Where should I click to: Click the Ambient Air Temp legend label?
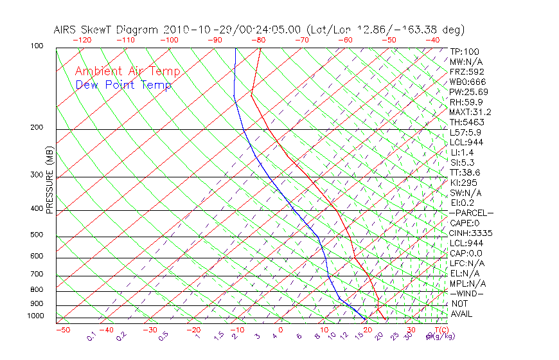(x=127, y=71)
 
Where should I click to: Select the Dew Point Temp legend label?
(x=123, y=85)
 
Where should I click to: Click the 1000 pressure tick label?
(x=37, y=316)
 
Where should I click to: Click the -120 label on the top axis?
(x=82, y=40)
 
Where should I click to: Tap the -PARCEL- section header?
(x=471, y=213)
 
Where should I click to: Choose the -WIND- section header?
(x=466, y=293)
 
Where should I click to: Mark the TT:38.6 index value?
(x=465, y=172)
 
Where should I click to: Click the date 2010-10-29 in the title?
(x=191, y=30)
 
